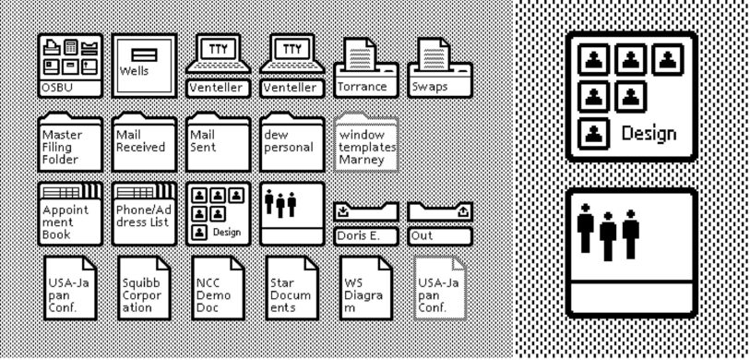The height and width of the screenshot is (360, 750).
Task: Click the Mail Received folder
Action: click(x=143, y=142)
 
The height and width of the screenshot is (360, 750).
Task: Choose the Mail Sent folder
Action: click(x=217, y=142)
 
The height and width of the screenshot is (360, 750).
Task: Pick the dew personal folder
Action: click(x=292, y=142)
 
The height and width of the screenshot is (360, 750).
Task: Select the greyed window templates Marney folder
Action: click(x=366, y=142)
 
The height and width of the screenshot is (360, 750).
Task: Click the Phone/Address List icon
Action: click(x=143, y=213)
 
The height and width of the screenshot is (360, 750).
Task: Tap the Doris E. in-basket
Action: click(x=365, y=225)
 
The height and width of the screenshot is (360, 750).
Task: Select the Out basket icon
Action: click(x=439, y=225)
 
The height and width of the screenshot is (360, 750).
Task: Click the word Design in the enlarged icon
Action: click(x=649, y=132)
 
